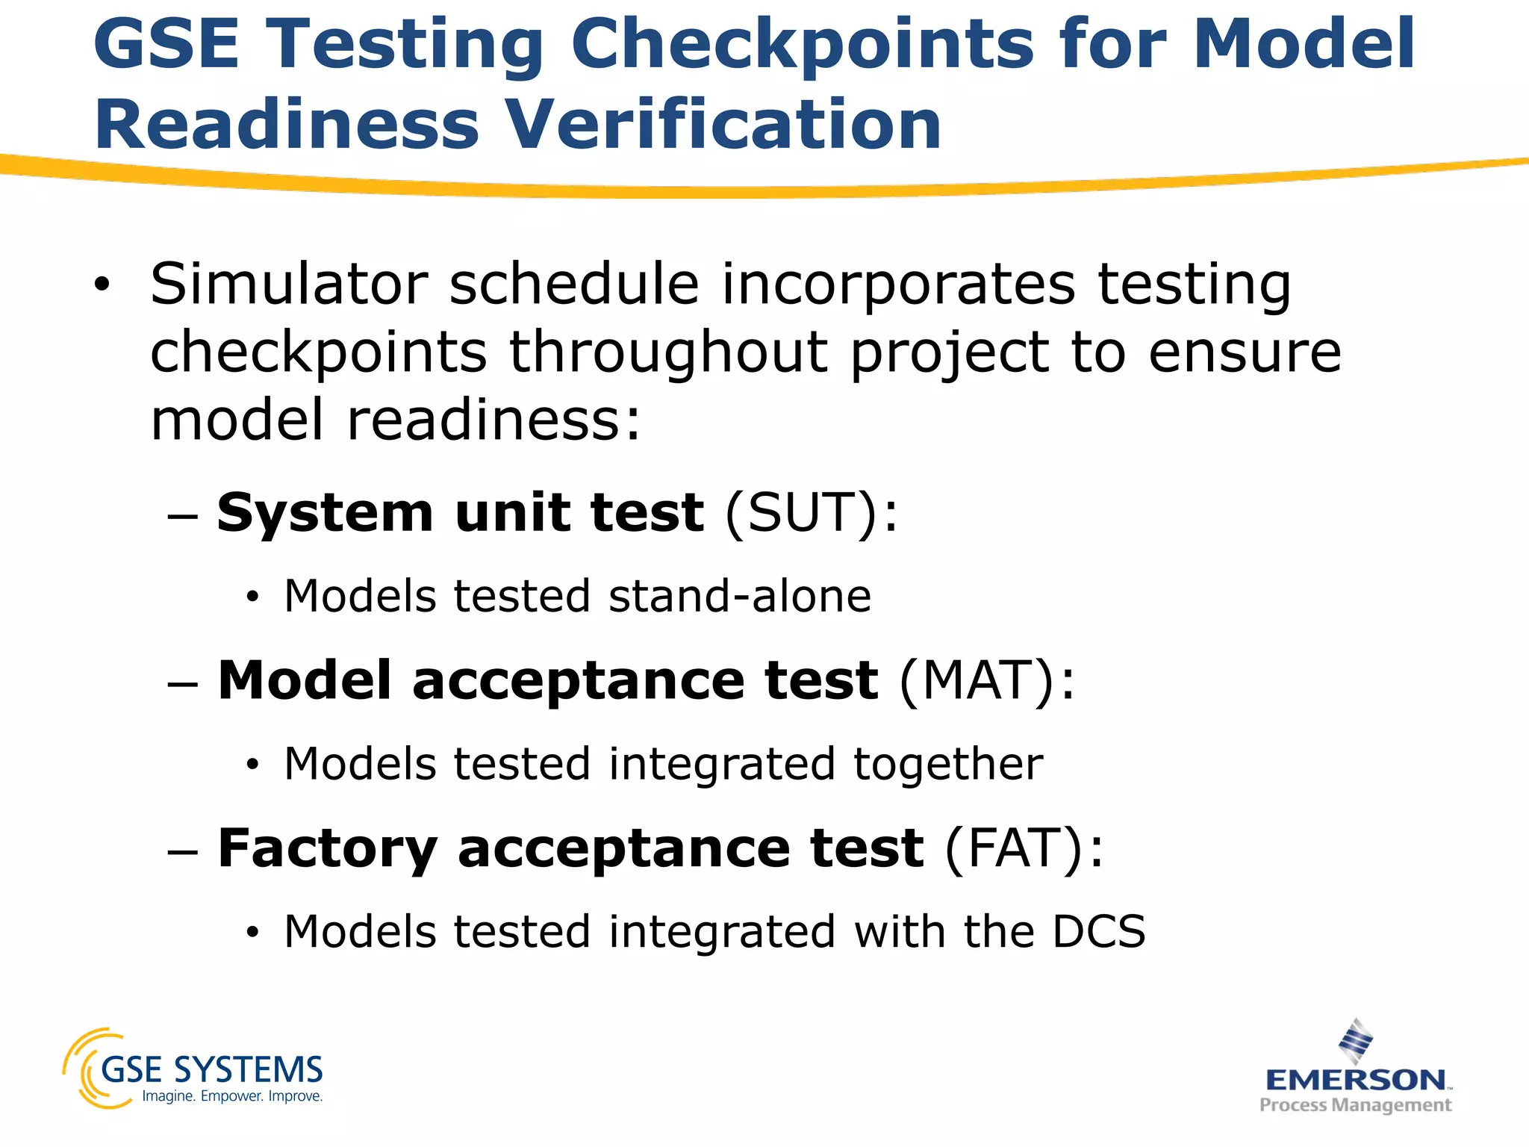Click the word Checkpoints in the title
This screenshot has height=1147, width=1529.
click(x=803, y=45)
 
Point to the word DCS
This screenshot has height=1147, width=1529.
click(x=1098, y=932)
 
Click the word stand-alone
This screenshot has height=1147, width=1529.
click(x=739, y=597)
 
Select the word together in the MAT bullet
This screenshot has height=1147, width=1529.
click(x=947, y=765)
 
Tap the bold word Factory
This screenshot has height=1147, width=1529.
click(x=327, y=849)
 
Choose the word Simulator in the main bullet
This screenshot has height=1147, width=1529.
click(x=289, y=285)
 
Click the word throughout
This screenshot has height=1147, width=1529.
click(x=668, y=352)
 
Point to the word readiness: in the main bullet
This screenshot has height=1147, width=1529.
click(x=493, y=420)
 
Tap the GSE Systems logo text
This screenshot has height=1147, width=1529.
click(x=211, y=1069)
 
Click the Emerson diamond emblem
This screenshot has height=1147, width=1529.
click(x=1355, y=1040)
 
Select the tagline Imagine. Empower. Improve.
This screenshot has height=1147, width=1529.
click(x=232, y=1096)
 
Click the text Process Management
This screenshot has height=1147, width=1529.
click(x=1355, y=1105)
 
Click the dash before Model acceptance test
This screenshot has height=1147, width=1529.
click(x=183, y=683)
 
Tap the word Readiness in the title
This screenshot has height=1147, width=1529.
click(x=286, y=124)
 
